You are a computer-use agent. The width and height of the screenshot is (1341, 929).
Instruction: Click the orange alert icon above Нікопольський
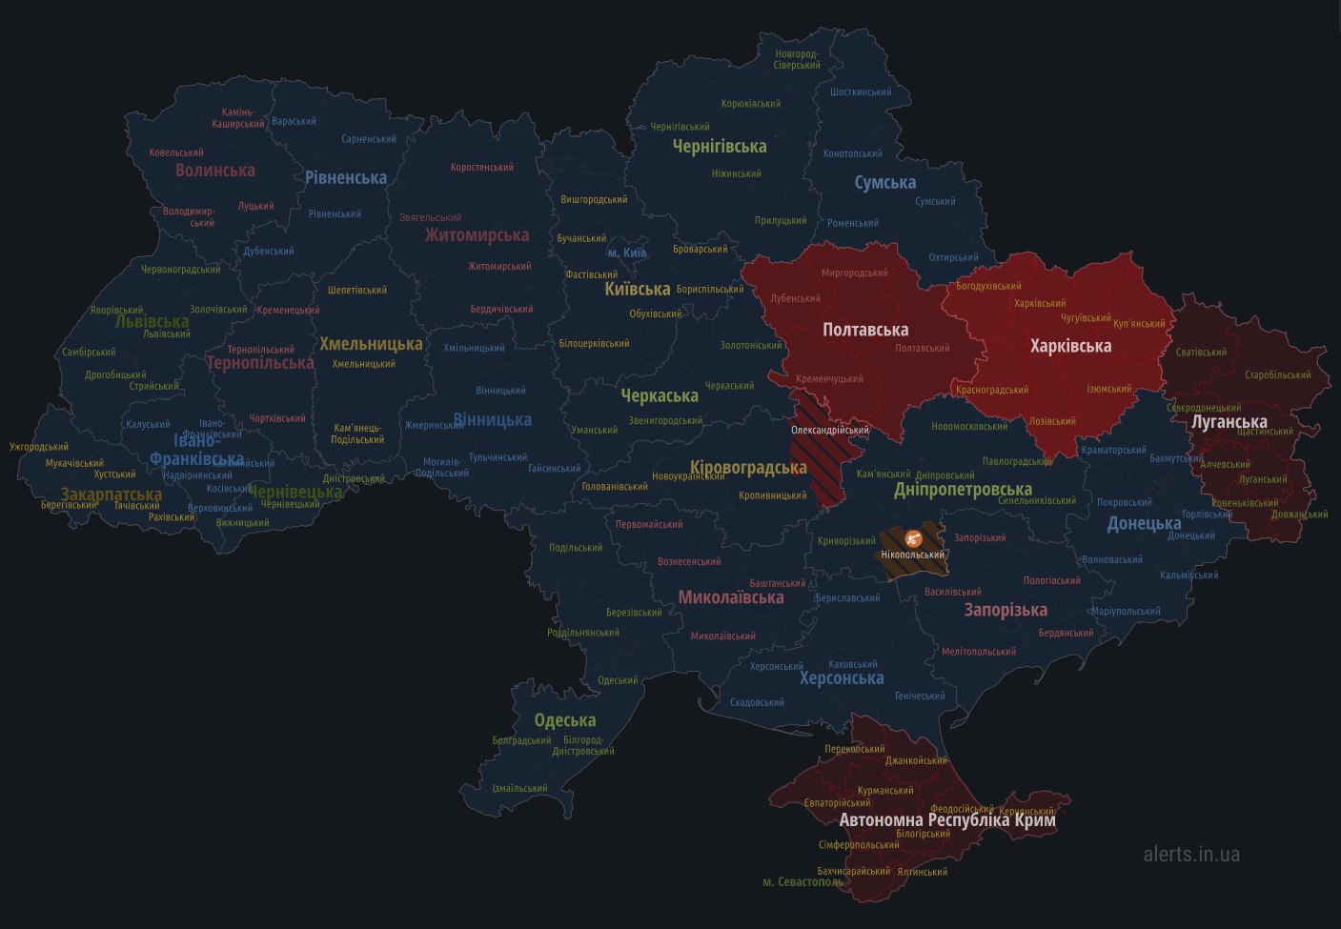pos(912,537)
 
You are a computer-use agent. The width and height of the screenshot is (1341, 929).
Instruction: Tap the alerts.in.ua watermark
pos(1191,854)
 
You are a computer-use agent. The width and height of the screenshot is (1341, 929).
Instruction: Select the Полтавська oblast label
pos(864,330)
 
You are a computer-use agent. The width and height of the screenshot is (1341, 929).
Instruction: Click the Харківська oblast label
pos(1070,346)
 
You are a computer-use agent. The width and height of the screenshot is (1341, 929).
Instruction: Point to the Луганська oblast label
pos(1229,421)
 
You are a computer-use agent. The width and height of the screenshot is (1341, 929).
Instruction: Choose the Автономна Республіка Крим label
pos(946,819)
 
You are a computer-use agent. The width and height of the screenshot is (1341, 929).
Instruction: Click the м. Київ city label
pos(627,252)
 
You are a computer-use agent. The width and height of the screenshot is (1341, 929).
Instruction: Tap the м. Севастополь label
pos(803,881)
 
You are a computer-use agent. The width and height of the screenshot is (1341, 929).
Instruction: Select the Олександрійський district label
pos(829,430)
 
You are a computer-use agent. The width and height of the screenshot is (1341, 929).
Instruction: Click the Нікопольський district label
pos(912,555)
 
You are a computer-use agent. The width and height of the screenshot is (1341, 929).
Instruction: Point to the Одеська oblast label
pos(564,720)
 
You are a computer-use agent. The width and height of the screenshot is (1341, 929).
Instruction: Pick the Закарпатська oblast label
pos(111,495)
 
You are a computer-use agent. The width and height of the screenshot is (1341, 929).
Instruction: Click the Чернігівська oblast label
pos(719,147)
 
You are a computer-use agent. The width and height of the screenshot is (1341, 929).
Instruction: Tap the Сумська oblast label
pos(884,182)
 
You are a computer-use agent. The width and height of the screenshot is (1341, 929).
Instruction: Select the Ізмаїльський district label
pos(519,788)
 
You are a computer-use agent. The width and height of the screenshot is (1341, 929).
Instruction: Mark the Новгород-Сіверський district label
pos(798,59)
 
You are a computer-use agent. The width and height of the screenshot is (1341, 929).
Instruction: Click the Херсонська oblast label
pos(841,678)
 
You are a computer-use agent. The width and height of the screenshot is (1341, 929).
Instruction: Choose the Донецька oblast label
pos(1143,523)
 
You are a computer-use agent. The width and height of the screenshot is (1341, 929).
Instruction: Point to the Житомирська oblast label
pos(477,235)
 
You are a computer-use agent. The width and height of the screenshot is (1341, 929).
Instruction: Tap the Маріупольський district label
pos(1126,612)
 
